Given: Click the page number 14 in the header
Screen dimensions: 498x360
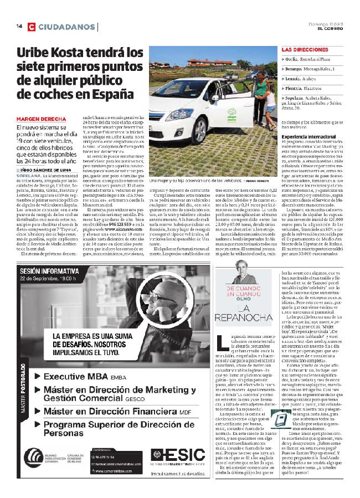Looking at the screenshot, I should coord(18,27).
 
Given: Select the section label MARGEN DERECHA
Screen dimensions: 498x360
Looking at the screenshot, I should coord(38,119).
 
